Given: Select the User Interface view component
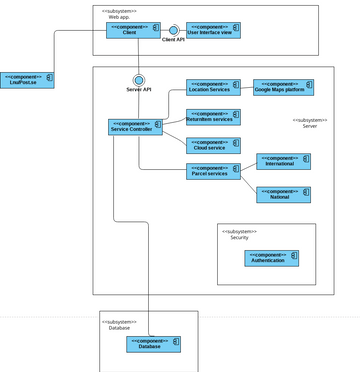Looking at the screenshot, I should (213, 31).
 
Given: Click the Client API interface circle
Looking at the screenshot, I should (173, 31).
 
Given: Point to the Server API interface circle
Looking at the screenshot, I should (139, 78).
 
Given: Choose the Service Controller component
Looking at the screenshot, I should (135, 127).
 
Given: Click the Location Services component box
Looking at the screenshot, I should (213, 88).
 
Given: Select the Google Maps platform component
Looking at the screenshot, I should (284, 88).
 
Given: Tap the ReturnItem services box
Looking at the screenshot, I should (213, 116).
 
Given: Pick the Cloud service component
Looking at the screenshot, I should (213, 144).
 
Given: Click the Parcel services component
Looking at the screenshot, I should (213, 172).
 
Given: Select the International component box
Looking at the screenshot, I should (284, 161).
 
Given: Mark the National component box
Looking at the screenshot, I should (284, 194).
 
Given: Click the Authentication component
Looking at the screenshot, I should (272, 257).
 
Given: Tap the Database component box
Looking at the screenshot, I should (153, 343).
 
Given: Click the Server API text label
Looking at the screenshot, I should (139, 90).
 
